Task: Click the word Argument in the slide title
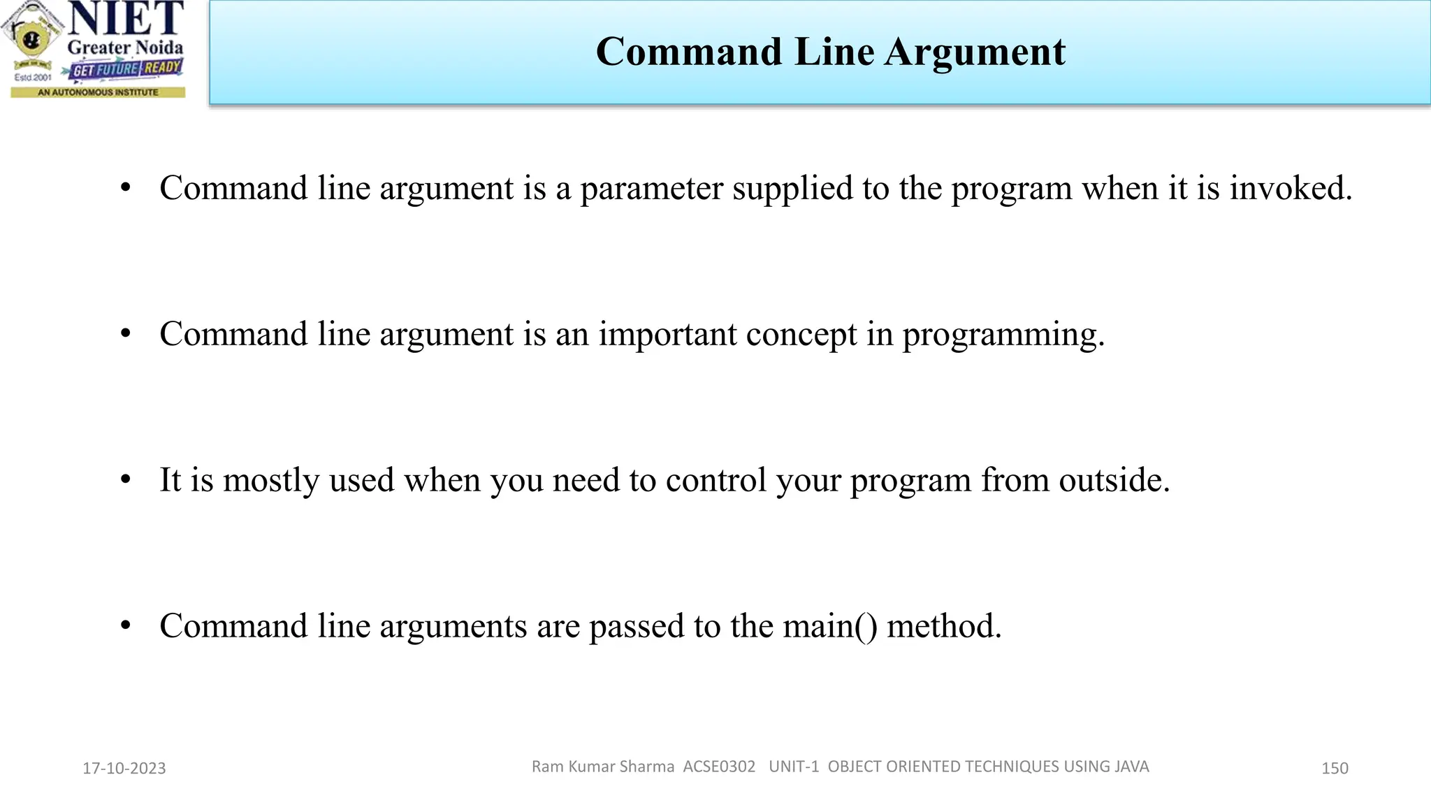[975, 52]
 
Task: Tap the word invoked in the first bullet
[1291, 188]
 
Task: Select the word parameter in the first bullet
[651, 189]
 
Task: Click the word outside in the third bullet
[1114, 480]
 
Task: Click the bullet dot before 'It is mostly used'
[126, 480]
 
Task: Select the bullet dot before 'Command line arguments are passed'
[126, 626]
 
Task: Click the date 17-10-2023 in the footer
[124, 768]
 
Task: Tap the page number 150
[1335, 768]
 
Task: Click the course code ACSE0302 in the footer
[719, 767]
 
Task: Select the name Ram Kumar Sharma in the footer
[602, 767]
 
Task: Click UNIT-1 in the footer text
[794, 767]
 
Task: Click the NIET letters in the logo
[126, 19]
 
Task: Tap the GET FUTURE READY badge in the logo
[126, 69]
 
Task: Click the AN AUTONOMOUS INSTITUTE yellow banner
[98, 92]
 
